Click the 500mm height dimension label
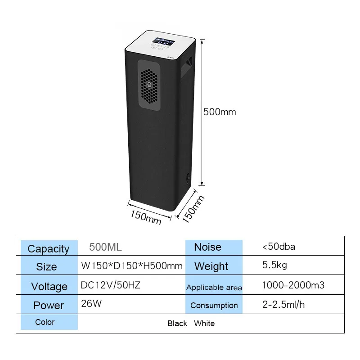(x=220, y=112)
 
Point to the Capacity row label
(x=49, y=248)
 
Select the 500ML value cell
(x=105, y=247)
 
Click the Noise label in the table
(x=207, y=247)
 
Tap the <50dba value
(x=279, y=247)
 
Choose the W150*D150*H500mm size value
(x=132, y=265)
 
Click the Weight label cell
(x=211, y=266)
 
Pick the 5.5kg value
(x=274, y=265)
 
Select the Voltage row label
(x=49, y=286)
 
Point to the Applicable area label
(x=214, y=287)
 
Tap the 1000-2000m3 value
(x=293, y=285)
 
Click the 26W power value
(x=91, y=304)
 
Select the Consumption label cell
(x=214, y=305)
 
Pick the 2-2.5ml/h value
(x=283, y=304)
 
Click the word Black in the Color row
(x=177, y=324)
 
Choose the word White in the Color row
(x=204, y=324)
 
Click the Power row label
(x=49, y=306)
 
